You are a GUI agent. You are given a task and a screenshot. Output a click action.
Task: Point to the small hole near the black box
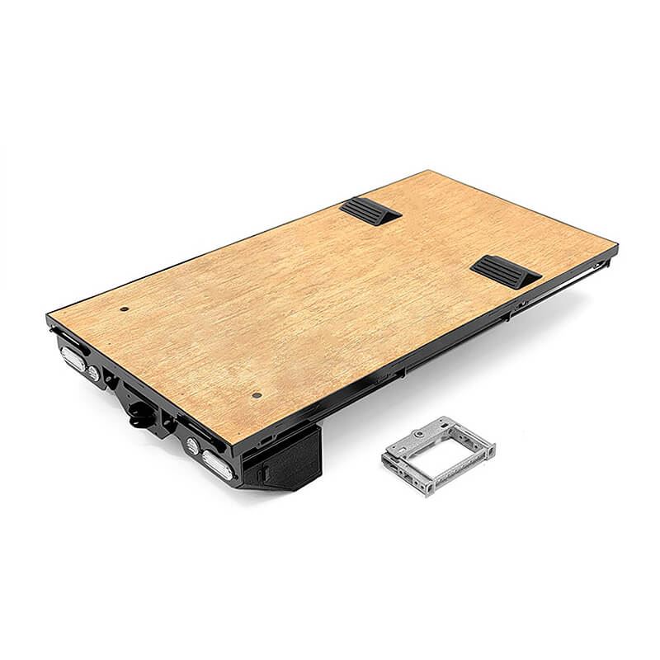(x=257, y=393)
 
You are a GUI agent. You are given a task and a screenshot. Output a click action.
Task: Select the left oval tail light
(x=73, y=357)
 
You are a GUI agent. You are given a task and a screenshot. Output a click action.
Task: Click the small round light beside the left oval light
(x=93, y=374)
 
